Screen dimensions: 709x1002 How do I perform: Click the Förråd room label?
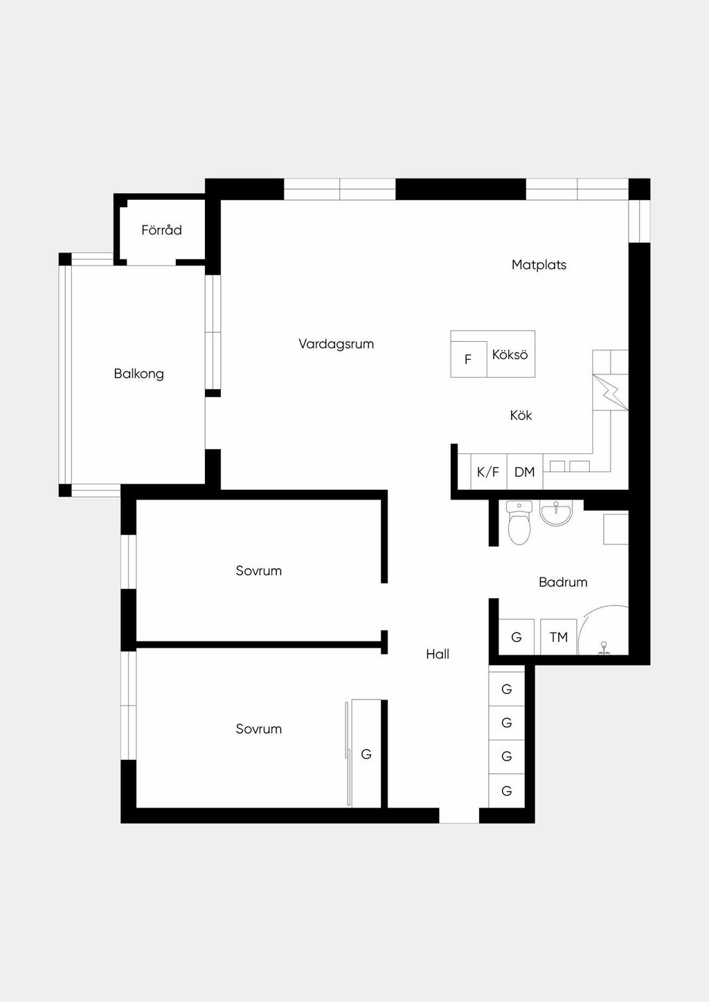[x=161, y=230]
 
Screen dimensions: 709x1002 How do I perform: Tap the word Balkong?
[x=138, y=374]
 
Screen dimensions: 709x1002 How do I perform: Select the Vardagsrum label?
[x=336, y=344]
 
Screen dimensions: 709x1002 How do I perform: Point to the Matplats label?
[x=539, y=265]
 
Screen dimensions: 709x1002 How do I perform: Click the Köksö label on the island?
[x=510, y=355]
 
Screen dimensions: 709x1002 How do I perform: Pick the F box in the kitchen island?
[x=469, y=358]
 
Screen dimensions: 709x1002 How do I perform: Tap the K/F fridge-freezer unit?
[x=488, y=471]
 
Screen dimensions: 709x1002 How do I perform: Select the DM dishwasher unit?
[x=525, y=471]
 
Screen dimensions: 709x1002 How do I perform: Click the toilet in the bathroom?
[x=519, y=522]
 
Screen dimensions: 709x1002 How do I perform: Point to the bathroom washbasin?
[x=556, y=512]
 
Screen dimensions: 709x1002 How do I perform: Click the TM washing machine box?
[x=559, y=637]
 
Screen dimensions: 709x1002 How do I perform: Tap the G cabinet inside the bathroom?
[x=517, y=637]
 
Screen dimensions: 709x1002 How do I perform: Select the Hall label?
[x=438, y=655]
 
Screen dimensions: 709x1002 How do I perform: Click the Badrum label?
[x=563, y=582]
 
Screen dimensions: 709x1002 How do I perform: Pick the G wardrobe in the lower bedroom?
[x=366, y=754]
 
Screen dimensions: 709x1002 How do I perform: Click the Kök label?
[x=521, y=415]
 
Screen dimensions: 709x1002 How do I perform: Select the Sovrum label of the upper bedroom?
[x=259, y=571]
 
